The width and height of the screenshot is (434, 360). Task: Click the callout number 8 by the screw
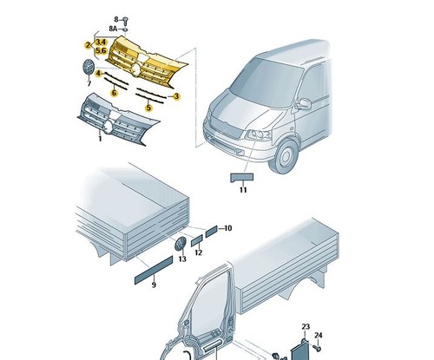point(116,19)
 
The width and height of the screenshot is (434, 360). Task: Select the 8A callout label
point(113,29)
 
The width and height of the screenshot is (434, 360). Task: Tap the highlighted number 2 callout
point(88,45)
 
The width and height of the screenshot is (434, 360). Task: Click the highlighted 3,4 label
point(101,42)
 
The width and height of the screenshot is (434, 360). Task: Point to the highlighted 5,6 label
point(101,50)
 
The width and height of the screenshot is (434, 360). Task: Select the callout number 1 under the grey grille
point(100,139)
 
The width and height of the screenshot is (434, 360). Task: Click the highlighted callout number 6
point(115,93)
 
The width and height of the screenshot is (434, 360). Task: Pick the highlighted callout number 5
point(148,108)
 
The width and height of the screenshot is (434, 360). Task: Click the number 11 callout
point(243,190)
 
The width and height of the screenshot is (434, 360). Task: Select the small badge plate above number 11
point(241,178)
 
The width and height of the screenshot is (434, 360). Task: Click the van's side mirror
point(304,104)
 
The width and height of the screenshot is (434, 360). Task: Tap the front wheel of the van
point(285,156)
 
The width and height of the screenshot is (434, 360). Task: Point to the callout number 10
point(228,228)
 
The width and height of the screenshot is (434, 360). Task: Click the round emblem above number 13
point(181,244)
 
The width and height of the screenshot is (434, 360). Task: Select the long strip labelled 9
point(154,270)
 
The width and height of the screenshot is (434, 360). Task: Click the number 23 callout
point(306,327)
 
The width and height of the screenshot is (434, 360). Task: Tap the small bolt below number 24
point(318,348)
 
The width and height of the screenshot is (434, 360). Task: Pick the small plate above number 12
point(197,241)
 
